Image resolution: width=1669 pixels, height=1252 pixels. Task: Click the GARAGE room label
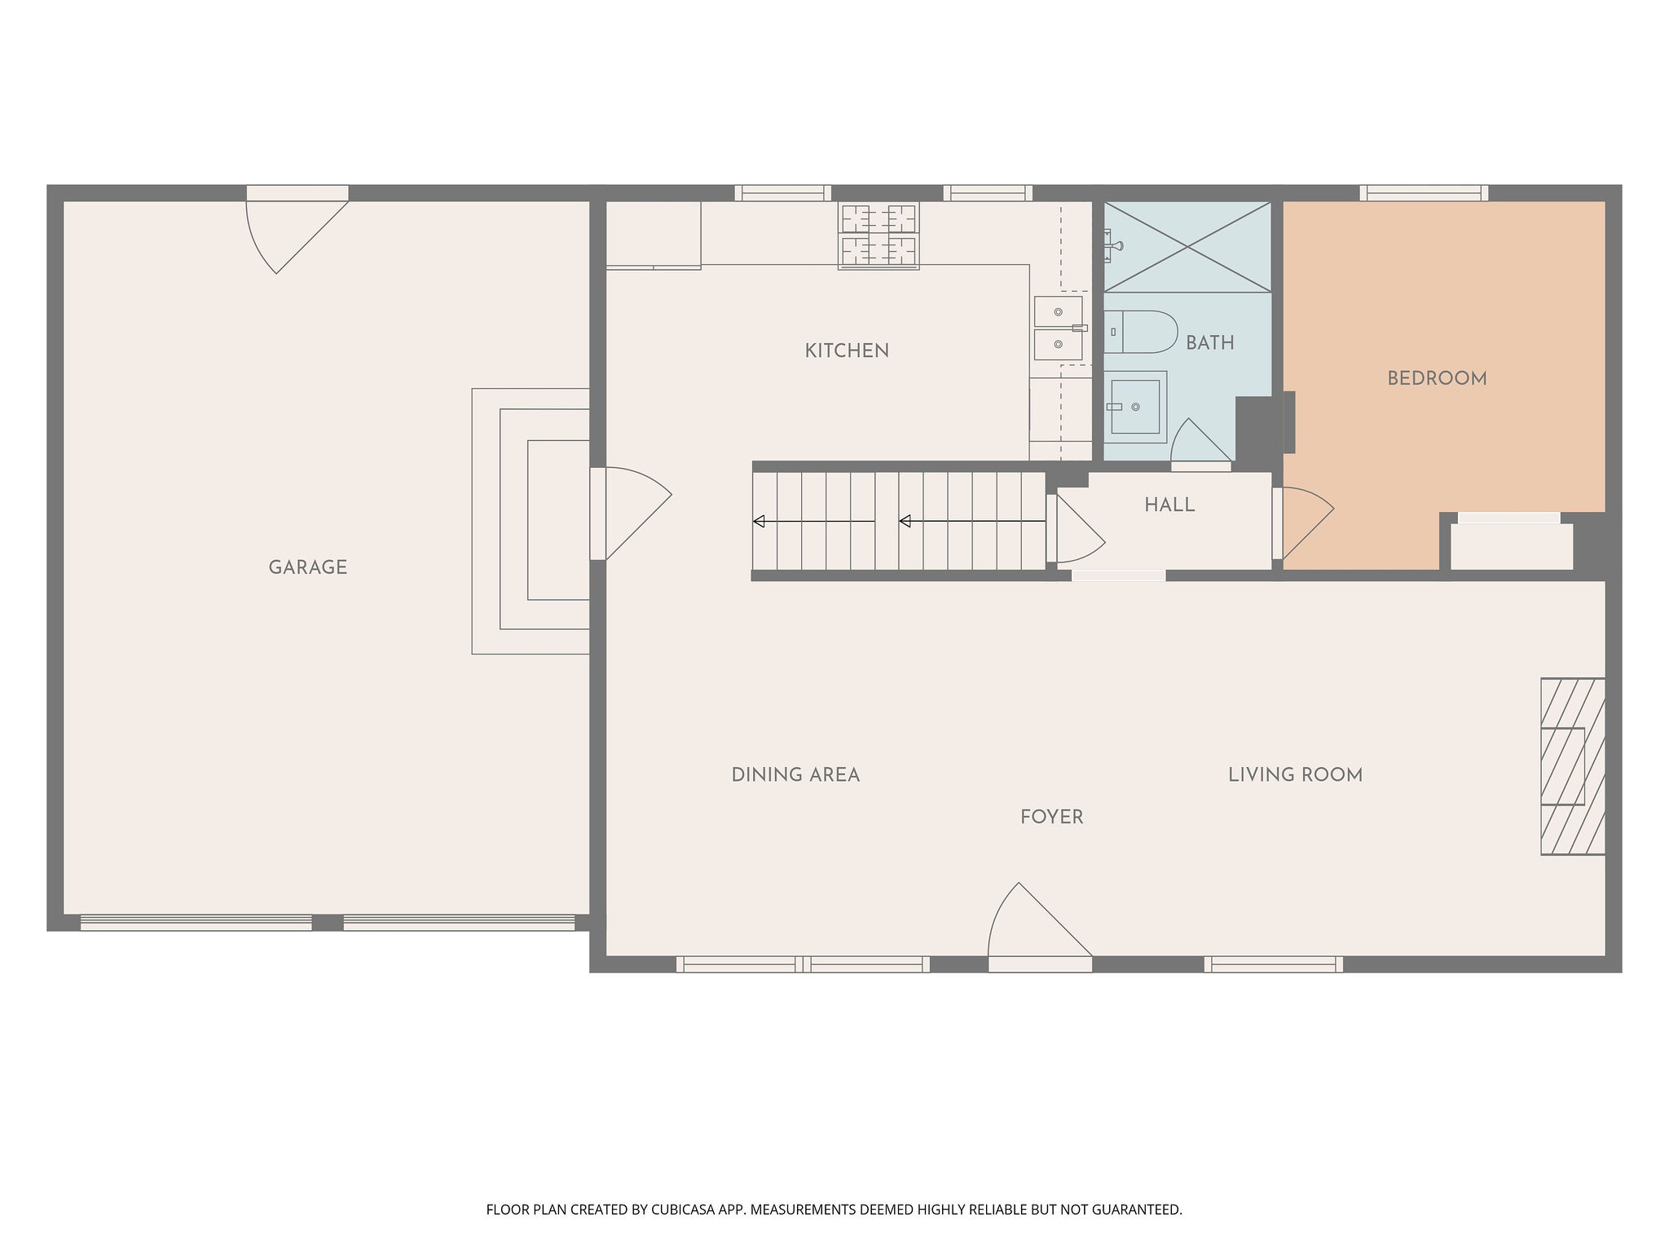308,567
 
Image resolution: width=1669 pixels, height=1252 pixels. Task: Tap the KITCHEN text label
847,350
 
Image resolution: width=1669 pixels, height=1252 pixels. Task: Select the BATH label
1210,343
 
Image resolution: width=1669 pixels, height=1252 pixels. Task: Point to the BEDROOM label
1437,378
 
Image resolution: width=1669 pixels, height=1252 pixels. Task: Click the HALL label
1169,505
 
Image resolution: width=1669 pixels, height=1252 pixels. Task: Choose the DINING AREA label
795,775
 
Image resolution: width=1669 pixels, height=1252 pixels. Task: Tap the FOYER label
1052,818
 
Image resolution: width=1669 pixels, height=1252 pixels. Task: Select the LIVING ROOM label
1296,775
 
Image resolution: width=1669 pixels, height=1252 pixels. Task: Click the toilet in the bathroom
1141,332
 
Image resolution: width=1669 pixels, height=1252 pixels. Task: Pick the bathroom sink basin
1135,407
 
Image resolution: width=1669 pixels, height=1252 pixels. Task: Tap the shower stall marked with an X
1187,246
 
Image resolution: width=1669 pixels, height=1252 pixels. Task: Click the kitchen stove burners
879,235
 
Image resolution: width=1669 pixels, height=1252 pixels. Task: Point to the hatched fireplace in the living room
1573,766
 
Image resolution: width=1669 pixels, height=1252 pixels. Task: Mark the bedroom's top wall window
1424,193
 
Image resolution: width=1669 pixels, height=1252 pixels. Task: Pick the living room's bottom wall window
1274,964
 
